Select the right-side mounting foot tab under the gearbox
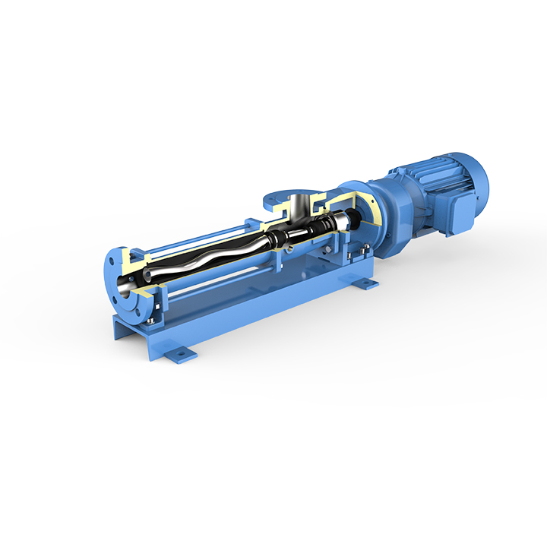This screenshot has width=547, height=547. (x=366, y=283)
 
